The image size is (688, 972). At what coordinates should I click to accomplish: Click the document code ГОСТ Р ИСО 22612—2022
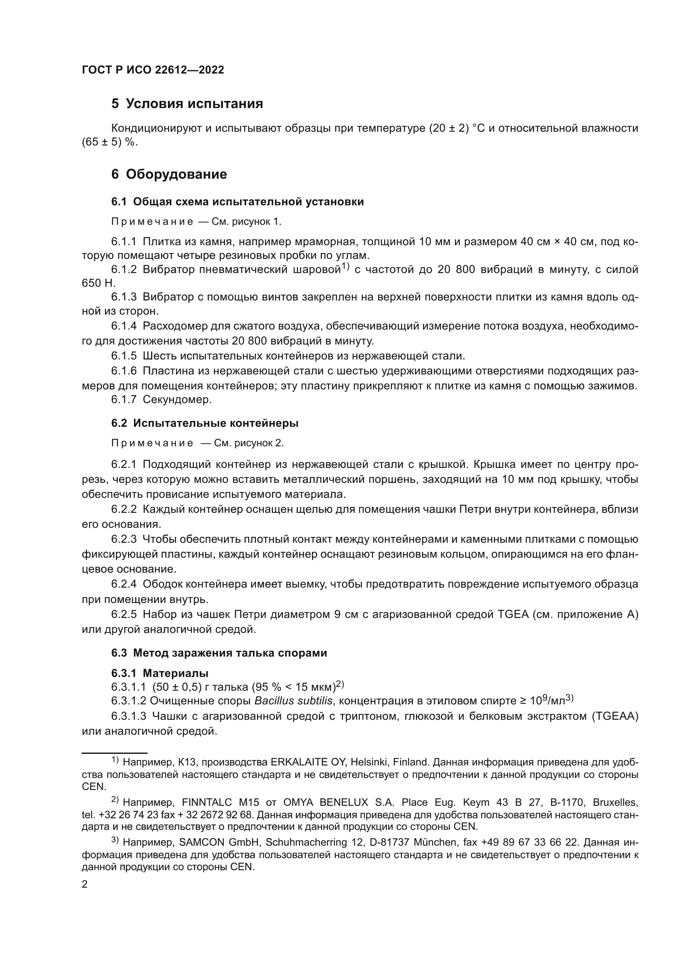pos(153,70)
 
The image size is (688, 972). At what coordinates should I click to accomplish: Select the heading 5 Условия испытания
pos(187,104)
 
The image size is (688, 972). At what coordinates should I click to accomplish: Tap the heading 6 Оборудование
pos(169,174)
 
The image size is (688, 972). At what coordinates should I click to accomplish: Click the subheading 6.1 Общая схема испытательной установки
pos(237,202)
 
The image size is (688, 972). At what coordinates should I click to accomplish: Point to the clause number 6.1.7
pos(124,399)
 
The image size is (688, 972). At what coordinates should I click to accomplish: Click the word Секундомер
pos(177,399)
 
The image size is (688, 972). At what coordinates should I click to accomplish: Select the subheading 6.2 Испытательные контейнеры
pos(205,423)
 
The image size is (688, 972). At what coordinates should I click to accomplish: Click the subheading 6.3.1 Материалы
pos(160,673)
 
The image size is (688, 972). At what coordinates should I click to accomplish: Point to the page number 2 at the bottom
pos(85,884)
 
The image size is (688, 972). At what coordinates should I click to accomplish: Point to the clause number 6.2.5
pos(124,614)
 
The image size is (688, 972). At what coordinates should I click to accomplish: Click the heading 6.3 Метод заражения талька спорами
pos(219,653)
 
